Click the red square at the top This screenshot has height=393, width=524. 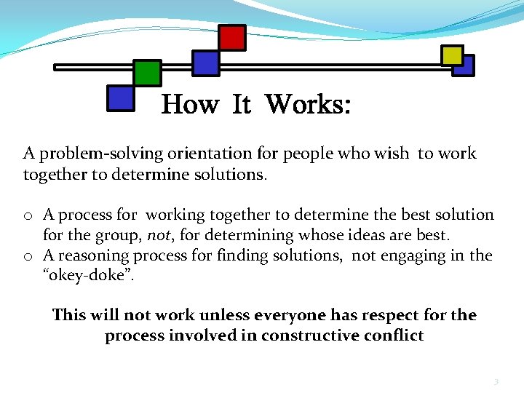click(x=232, y=37)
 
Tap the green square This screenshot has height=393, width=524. click(x=148, y=72)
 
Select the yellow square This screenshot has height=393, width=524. click(x=452, y=55)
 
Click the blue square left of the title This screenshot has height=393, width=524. click(x=120, y=98)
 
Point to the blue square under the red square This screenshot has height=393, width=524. click(x=205, y=63)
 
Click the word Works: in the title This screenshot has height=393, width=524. click(x=307, y=105)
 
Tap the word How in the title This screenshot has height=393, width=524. click(x=189, y=105)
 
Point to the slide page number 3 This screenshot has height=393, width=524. click(x=496, y=381)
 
